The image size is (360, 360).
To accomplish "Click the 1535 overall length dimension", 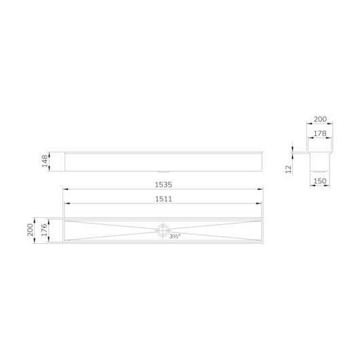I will click(x=162, y=184).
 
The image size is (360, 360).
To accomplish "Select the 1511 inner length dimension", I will click(x=162, y=199).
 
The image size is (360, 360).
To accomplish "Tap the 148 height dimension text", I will click(x=45, y=162).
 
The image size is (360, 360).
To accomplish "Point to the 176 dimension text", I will click(x=45, y=230).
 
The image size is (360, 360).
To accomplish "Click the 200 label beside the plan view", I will click(x=31, y=230).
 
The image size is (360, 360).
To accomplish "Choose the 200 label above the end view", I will click(x=320, y=120).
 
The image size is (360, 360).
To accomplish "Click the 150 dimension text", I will click(x=320, y=181).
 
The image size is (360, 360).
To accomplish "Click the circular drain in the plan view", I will click(x=163, y=230).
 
